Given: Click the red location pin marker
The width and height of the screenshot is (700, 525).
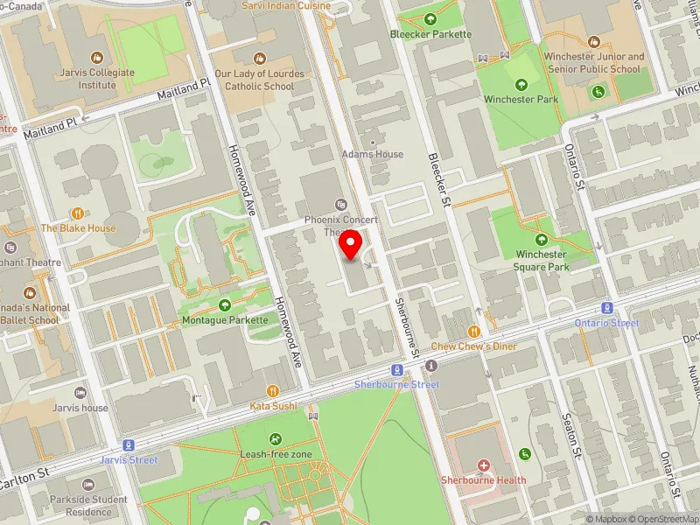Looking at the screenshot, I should (x=351, y=246).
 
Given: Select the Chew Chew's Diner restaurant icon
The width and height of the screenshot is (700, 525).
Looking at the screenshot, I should (x=474, y=332).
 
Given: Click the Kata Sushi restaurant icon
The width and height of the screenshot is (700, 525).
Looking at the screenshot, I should (x=273, y=391).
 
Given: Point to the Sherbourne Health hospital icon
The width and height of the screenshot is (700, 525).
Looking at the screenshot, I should (x=483, y=465).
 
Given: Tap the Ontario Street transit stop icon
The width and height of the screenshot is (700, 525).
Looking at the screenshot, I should (x=606, y=308).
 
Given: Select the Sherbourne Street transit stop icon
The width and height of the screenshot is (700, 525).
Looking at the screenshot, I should (x=397, y=370).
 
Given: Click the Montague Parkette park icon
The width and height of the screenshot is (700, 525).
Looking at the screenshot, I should (x=225, y=305).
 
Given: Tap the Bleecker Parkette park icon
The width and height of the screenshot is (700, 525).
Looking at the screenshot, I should (x=430, y=19).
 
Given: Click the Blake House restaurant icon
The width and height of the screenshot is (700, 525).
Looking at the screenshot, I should (x=78, y=213).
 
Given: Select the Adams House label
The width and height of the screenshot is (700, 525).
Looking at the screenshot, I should (x=373, y=154).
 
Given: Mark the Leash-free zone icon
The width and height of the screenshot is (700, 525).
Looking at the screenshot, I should (x=276, y=439).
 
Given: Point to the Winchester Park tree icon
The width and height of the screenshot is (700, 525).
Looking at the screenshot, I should (x=521, y=84).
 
